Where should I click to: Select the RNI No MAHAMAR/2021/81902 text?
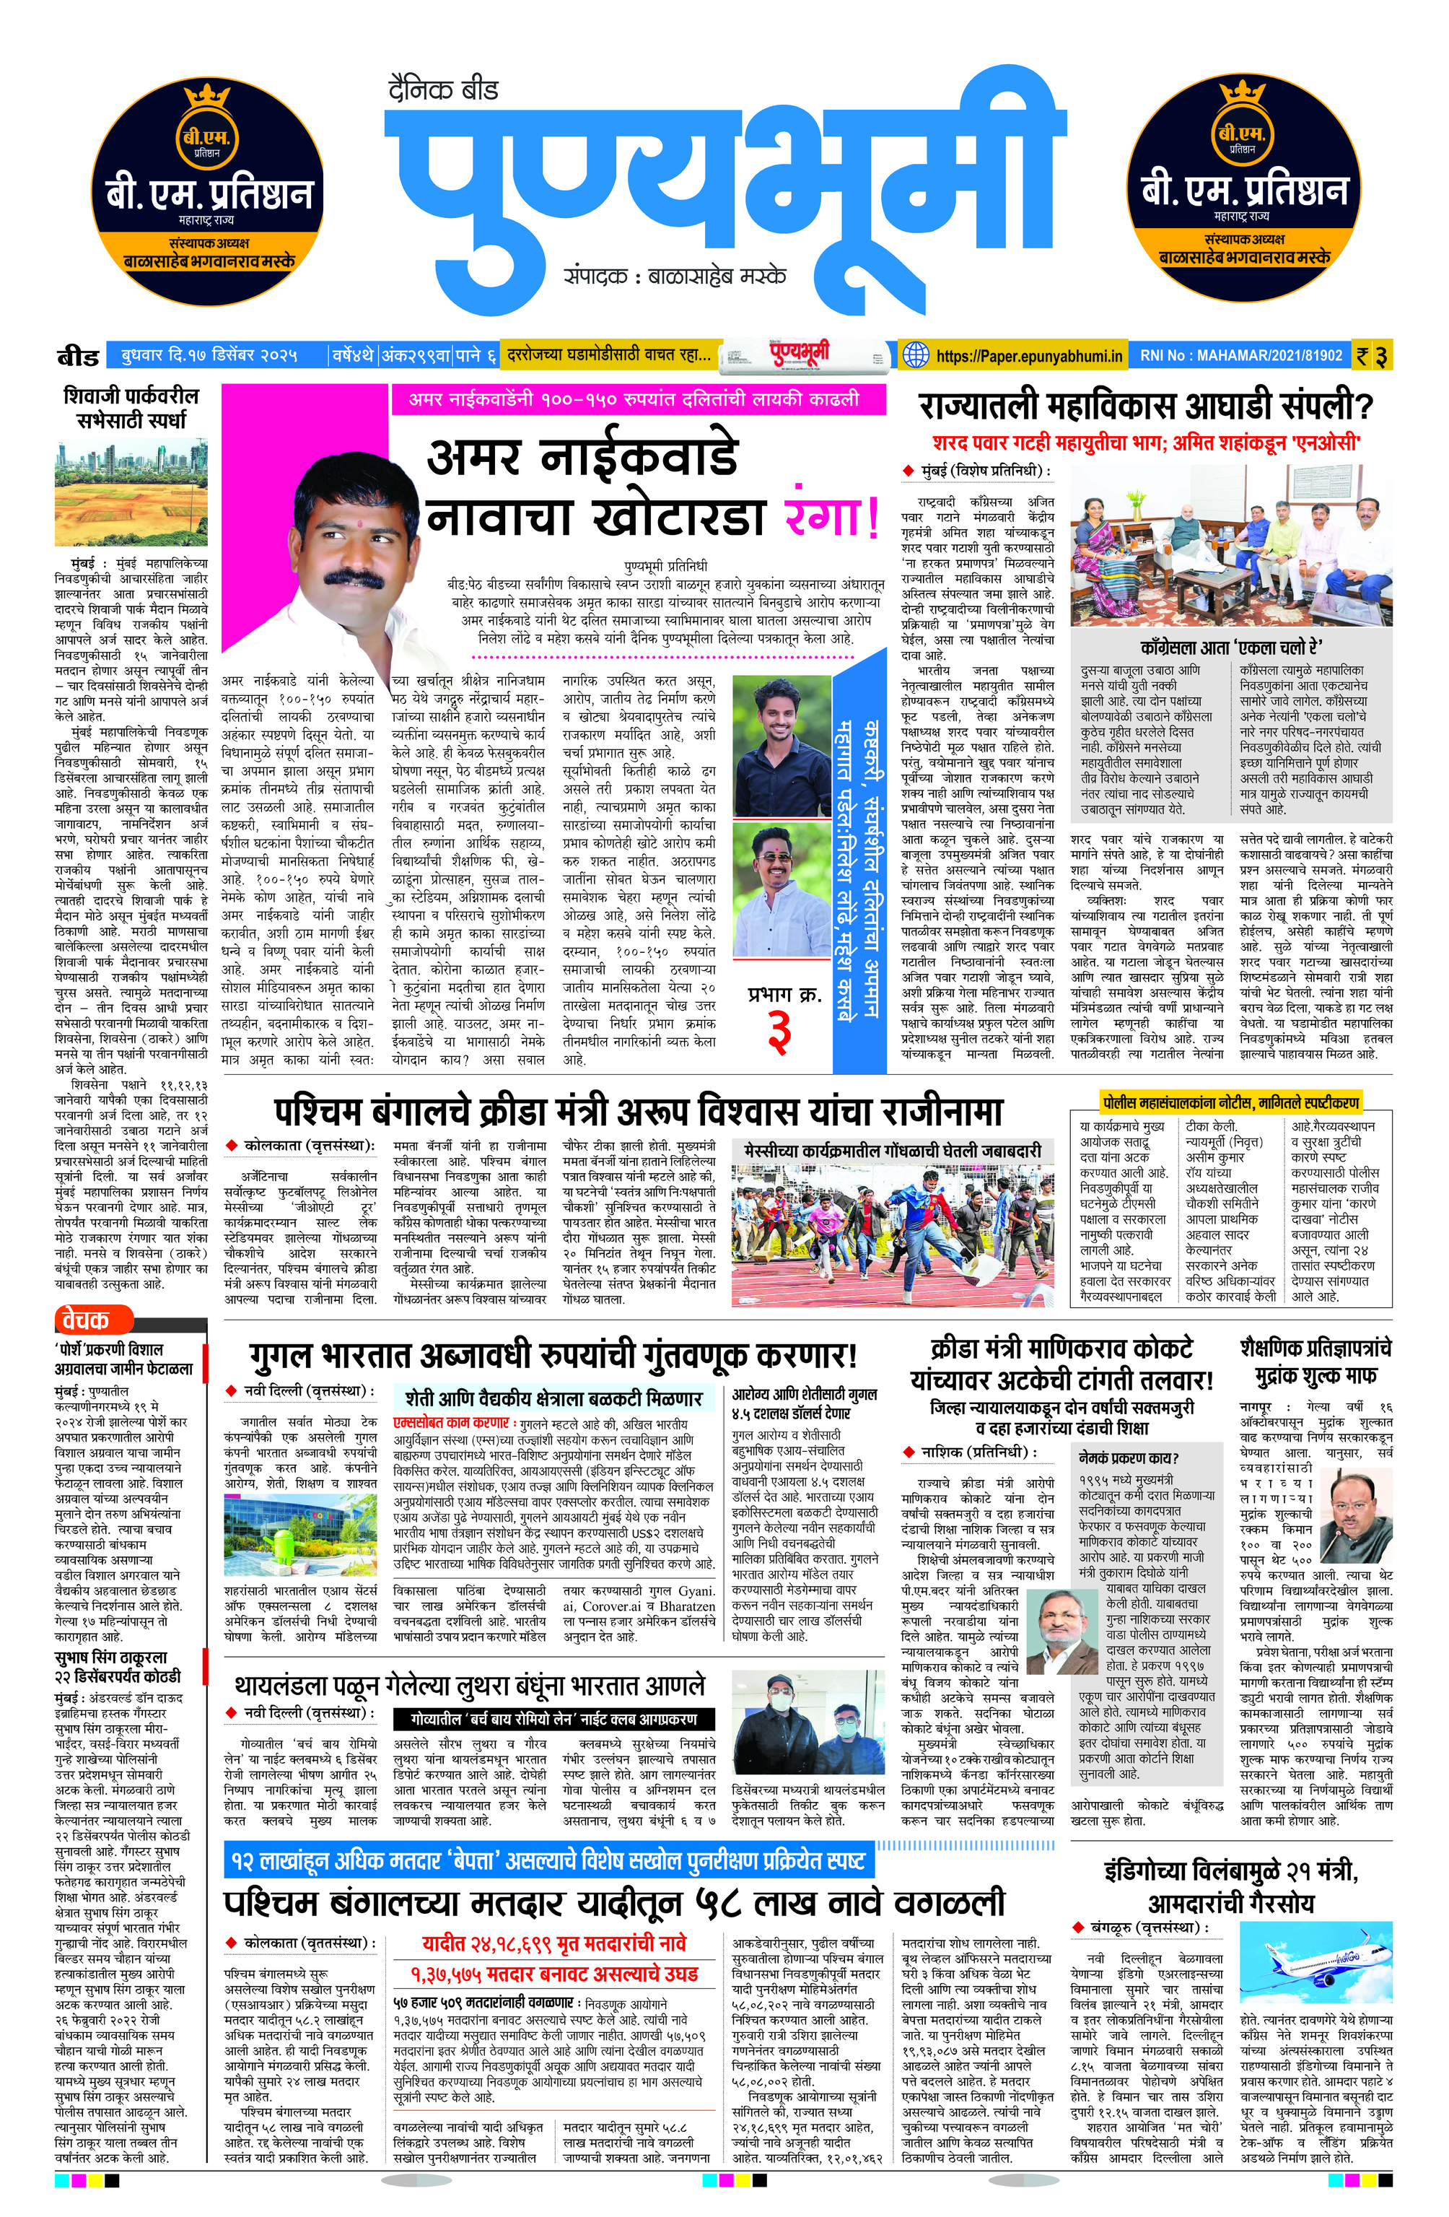(1240, 355)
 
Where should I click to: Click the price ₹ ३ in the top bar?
(1372, 355)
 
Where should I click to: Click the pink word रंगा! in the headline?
(831, 517)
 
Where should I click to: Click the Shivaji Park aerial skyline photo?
(131, 493)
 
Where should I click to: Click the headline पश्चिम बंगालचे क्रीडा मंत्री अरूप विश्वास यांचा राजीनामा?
(638, 1111)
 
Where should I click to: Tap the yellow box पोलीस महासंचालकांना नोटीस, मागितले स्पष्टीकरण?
(1229, 1102)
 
